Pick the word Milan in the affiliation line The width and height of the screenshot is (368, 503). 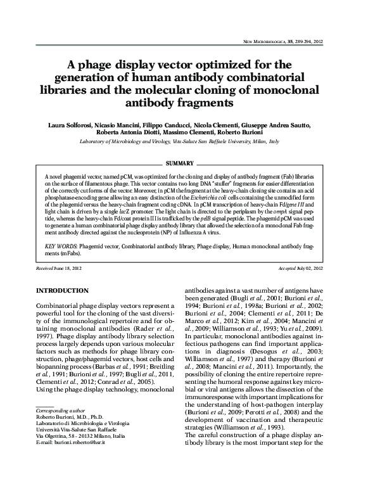(256, 143)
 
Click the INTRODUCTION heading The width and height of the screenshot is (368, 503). (66, 290)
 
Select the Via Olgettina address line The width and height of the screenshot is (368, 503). (80, 472)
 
